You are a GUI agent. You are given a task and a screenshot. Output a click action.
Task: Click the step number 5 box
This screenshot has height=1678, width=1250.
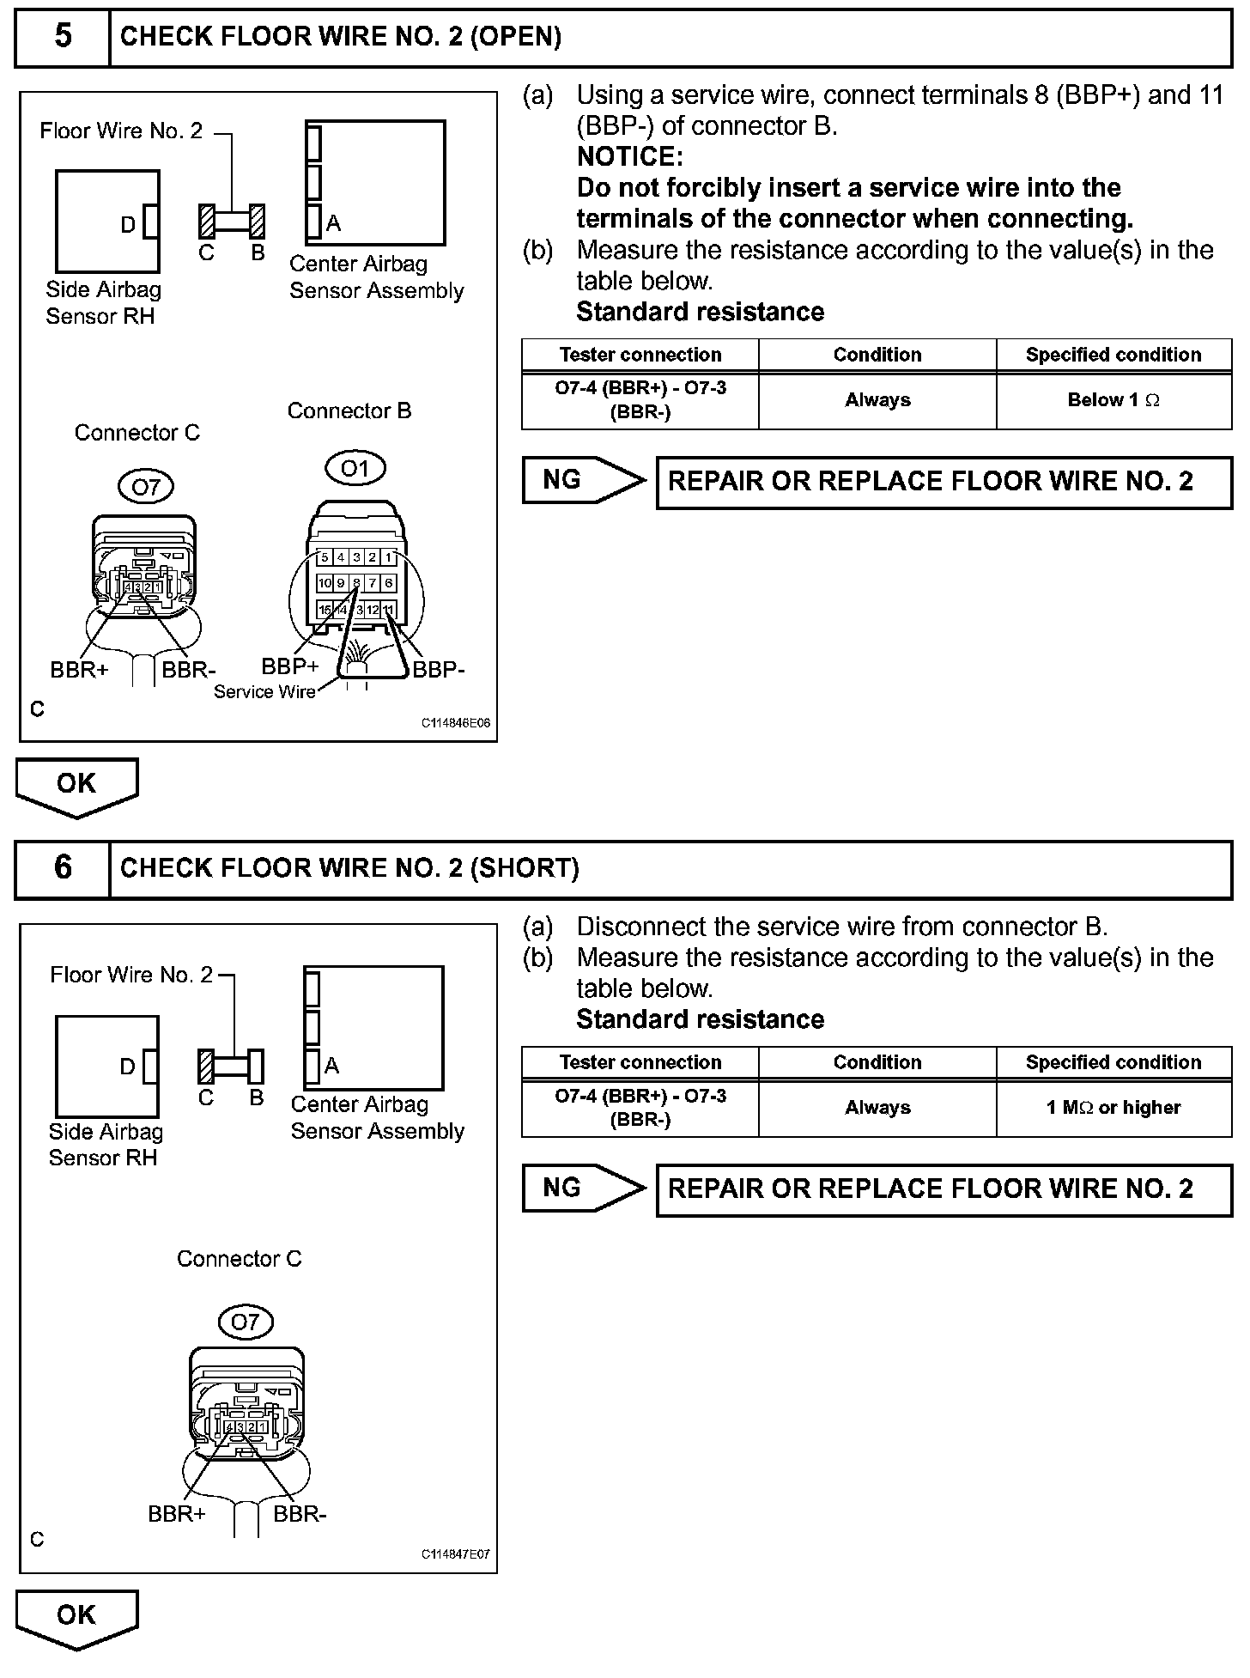click(x=63, y=36)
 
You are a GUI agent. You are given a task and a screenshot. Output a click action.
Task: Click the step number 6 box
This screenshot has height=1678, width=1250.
click(x=63, y=867)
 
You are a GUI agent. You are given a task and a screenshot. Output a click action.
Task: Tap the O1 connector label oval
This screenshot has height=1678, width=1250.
click(x=355, y=468)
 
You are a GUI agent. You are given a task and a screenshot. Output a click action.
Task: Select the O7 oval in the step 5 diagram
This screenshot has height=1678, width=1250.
click(x=146, y=487)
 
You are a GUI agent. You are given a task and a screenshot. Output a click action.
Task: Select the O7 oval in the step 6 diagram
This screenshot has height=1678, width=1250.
click(x=245, y=1322)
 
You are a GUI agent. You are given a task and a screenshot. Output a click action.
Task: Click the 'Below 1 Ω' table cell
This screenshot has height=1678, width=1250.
click(x=1113, y=400)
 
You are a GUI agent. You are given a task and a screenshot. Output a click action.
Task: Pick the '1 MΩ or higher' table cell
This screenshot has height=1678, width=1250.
click(x=1113, y=1108)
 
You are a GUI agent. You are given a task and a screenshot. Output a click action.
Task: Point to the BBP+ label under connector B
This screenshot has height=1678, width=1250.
click(x=289, y=666)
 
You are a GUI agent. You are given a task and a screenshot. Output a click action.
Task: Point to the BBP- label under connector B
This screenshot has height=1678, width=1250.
click(x=439, y=670)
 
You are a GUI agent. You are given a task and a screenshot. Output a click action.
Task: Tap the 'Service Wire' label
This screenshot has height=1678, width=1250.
click(x=264, y=692)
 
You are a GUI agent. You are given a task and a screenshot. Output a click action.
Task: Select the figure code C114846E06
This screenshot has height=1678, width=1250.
click(x=455, y=723)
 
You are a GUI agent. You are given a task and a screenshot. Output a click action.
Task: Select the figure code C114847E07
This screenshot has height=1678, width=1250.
click(x=455, y=1554)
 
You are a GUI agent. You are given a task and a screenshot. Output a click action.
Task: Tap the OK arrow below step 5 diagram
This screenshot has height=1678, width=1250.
click(x=76, y=786)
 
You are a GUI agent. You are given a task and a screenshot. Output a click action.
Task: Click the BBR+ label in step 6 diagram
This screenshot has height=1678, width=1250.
click(x=177, y=1514)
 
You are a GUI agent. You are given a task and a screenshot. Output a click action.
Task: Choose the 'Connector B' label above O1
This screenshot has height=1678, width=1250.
click(x=349, y=411)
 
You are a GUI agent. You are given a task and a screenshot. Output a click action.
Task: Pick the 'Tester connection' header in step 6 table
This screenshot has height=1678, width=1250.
click(x=640, y=1062)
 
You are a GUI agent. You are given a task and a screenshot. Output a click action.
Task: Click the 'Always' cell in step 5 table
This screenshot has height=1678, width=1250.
click(x=877, y=400)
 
